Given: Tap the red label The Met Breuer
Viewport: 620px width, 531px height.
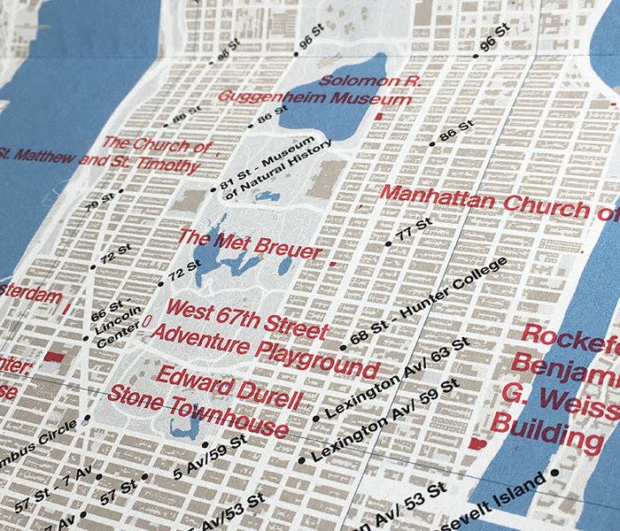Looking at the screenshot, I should pyautogui.click(x=250, y=244).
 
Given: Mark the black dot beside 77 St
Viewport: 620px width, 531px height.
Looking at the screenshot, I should pyautogui.click(x=389, y=242).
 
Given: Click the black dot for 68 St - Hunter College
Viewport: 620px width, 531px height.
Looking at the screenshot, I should pyautogui.click(x=344, y=347).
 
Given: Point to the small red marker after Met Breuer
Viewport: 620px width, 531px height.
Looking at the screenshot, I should pyautogui.click(x=331, y=264).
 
